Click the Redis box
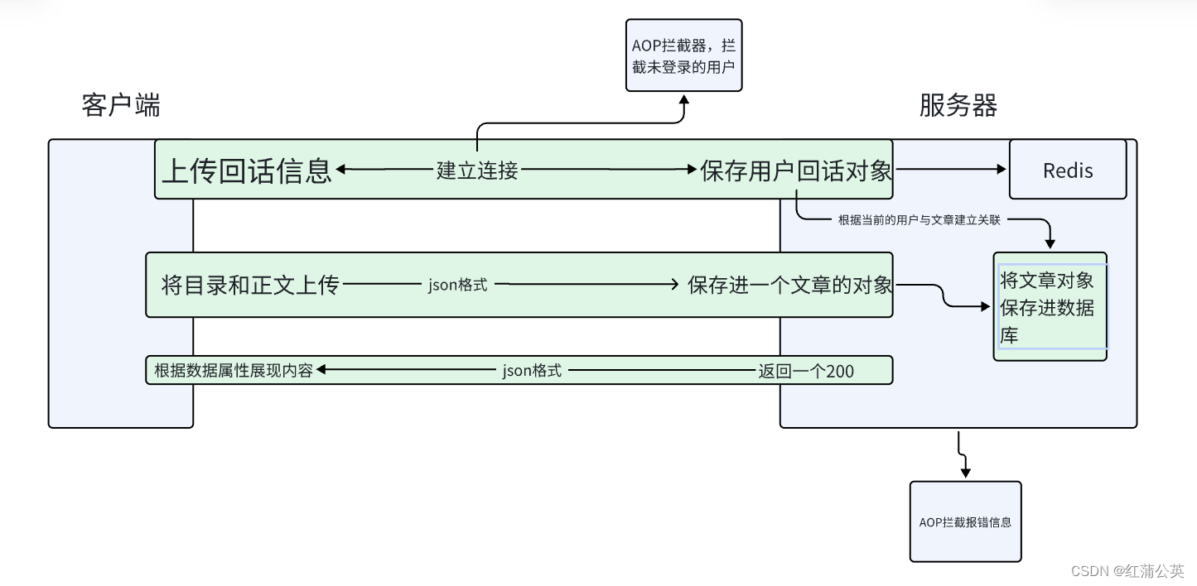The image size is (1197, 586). pos(1067,170)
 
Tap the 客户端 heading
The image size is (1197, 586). pos(121,105)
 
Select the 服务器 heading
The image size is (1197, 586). pos(958,105)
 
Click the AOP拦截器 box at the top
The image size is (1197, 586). pos(683,55)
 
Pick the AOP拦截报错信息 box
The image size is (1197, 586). pos(965,521)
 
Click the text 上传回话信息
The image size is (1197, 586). pos(246,170)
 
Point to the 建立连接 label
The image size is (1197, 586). pos(477,171)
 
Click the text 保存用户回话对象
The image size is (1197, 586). pos(796,171)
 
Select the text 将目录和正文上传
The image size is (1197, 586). pos(250,285)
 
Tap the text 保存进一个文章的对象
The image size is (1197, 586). pos(789,285)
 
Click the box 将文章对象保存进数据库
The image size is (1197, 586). pos(1050,307)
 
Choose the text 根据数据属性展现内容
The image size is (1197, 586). pos(234,371)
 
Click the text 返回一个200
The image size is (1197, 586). pos(806,371)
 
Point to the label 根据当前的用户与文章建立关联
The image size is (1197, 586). pos(919,220)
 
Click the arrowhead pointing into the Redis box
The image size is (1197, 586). pos(1002,170)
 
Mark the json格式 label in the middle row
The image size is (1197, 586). pos(457,285)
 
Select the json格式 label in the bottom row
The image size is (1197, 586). pos(532,371)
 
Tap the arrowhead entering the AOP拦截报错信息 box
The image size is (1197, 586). pos(965,473)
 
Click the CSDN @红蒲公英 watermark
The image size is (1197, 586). pos(1127,571)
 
